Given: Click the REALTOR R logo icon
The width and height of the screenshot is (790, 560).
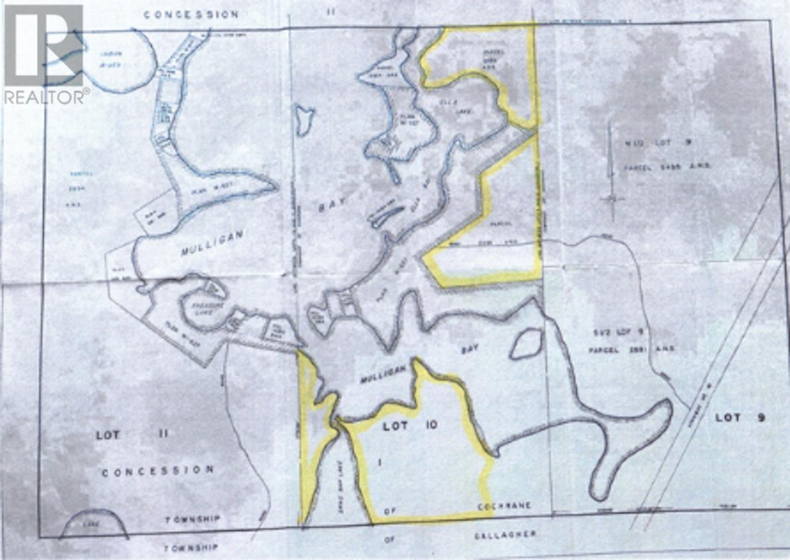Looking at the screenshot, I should click(43, 44).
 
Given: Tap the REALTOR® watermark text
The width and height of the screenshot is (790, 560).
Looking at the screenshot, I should click(46, 97).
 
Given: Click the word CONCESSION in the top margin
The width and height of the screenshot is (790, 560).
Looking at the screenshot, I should click(191, 14).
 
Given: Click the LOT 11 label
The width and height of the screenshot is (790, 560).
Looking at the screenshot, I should click(132, 435).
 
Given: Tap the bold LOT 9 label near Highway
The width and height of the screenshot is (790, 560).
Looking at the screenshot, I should click(740, 417).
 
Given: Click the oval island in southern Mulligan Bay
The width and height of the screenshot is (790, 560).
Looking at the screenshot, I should click(526, 343).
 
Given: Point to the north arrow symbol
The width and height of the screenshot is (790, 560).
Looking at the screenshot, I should click(612, 173).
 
